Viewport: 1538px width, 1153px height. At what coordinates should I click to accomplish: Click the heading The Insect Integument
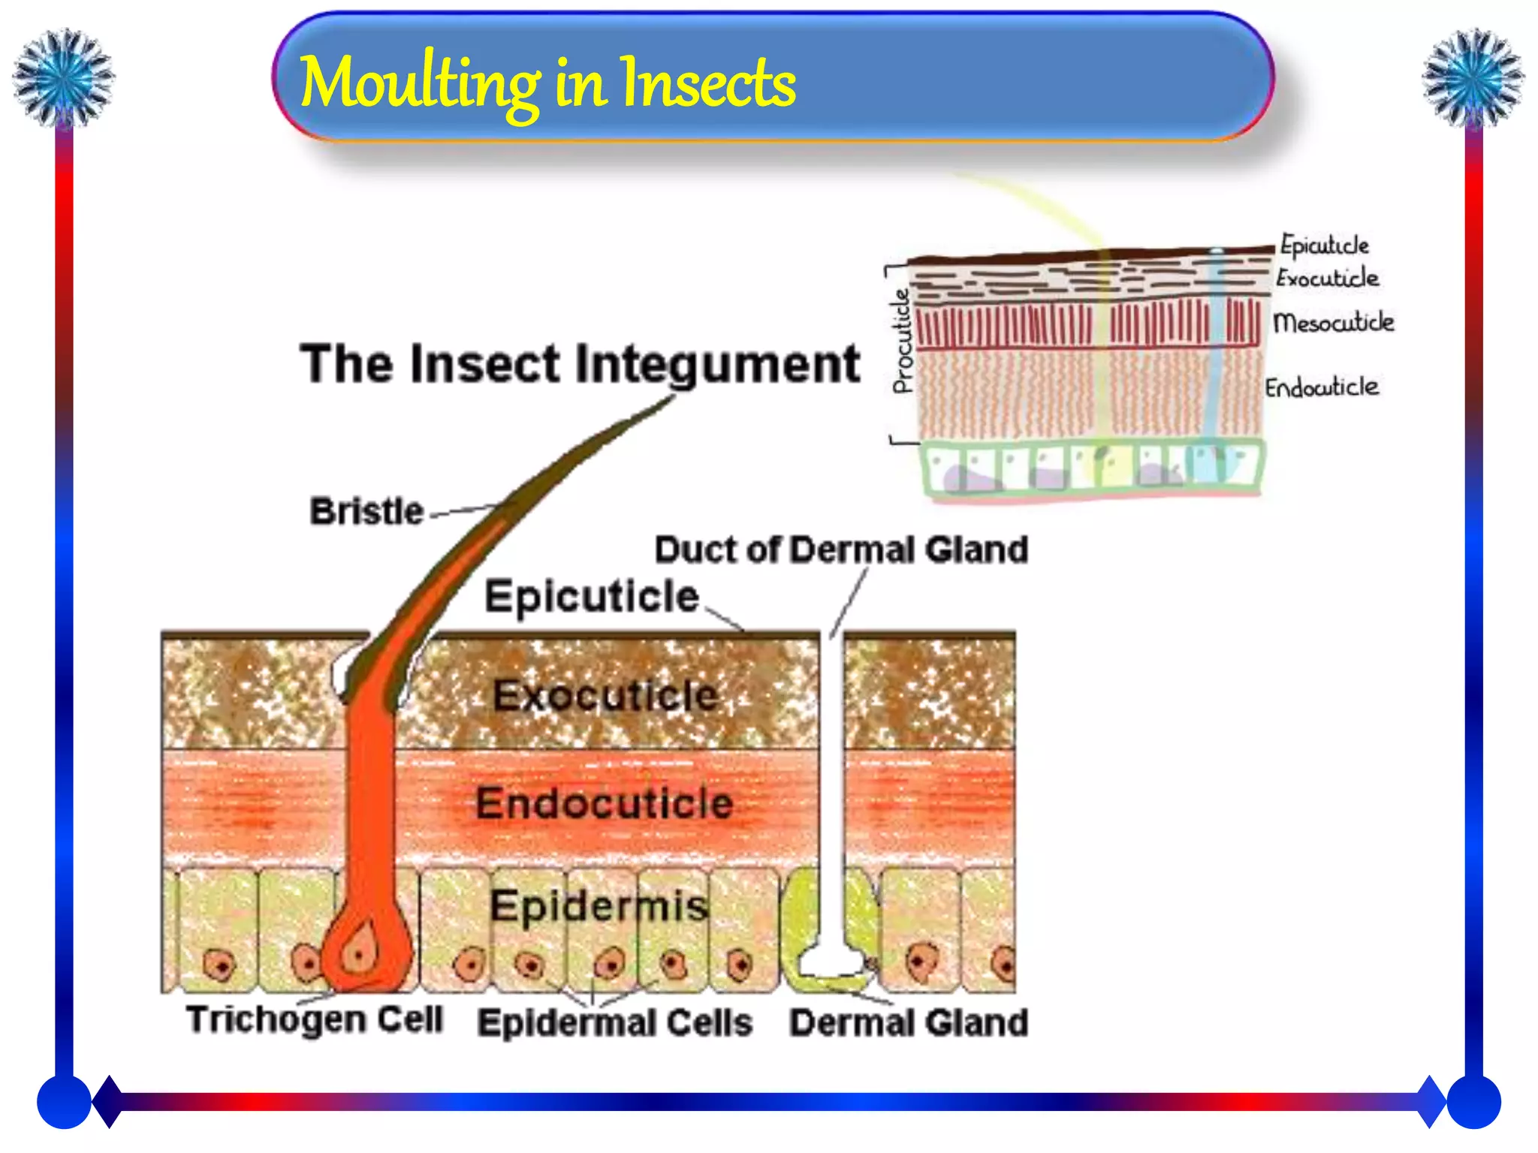pyautogui.click(x=579, y=364)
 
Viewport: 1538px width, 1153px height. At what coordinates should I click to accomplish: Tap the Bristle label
pyautogui.click(x=366, y=511)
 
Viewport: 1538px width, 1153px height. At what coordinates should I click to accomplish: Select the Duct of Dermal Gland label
pyautogui.click(x=841, y=549)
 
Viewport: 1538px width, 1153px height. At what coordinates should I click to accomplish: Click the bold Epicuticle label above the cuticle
pyautogui.click(x=592, y=597)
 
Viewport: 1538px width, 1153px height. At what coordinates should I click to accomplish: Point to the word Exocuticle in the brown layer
pyautogui.click(x=605, y=695)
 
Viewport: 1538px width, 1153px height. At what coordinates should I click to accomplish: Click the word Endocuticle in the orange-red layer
pyautogui.click(x=605, y=803)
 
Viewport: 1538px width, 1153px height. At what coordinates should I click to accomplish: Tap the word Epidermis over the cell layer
pyautogui.click(x=599, y=905)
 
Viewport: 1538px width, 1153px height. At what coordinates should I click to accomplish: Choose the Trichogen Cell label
pyautogui.click(x=315, y=1019)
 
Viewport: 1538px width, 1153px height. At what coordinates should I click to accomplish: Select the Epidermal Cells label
pyautogui.click(x=615, y=1022)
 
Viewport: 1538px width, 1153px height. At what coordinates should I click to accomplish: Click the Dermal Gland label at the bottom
pyautogui.click(x=909, y=1022)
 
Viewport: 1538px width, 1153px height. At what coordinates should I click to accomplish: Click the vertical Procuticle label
pyautogui.click(x=903, y=342)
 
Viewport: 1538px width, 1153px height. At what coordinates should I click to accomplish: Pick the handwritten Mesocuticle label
pyautogui.click(x=1333, y=323)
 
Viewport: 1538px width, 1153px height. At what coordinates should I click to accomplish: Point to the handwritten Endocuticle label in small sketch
pyautogui.click(x=1322, y=387)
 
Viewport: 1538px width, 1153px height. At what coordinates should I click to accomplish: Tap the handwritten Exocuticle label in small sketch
pyautogui.click(x=1327, y=278)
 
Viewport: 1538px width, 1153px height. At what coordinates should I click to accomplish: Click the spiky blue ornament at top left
pyautogui.click(x=64, y=77)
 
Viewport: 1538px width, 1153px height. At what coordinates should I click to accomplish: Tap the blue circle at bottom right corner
pyautogui.click(x=1473, y=1102)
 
